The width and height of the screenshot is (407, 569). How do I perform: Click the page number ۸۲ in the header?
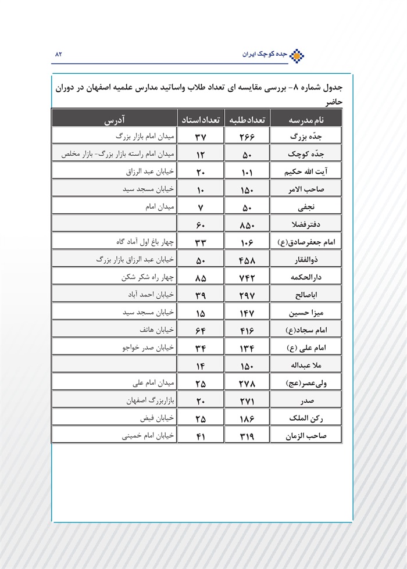point(58,54)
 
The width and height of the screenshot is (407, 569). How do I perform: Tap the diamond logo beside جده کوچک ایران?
point(297,55)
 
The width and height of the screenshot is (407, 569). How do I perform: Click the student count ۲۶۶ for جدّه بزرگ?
point(247,137)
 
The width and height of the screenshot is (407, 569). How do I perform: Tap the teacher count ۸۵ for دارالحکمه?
point(200,278)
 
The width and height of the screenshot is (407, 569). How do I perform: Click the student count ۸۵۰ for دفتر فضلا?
point(247,224)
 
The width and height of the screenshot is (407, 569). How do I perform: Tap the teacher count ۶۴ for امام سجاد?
point(200,330)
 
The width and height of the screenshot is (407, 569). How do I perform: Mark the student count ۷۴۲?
point(247,278)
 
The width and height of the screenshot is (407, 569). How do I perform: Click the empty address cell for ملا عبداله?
point(114,365)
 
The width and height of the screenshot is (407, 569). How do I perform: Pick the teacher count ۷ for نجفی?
point(200,207)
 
